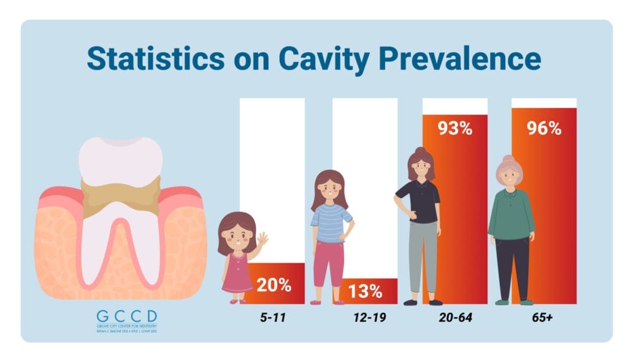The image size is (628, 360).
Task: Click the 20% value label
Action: tap(274, 285)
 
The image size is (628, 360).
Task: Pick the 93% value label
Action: tap(454, 128)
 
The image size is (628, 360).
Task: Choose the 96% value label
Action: tap(544, 128)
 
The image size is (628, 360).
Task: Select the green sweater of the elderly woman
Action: tap(510, 214)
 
